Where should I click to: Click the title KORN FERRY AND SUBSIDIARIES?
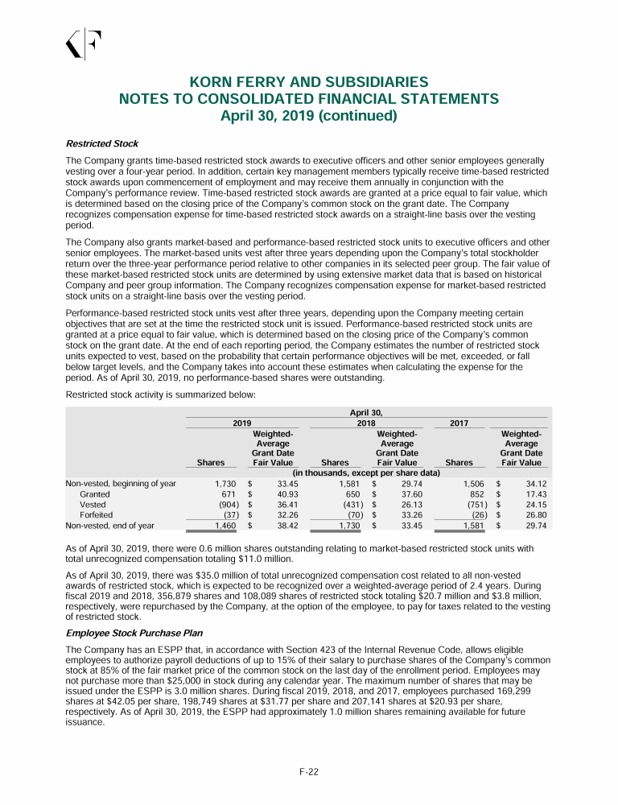[x=308, y=82]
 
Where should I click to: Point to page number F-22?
[x=309, y=772]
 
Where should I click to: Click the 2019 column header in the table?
[x=241, y=422]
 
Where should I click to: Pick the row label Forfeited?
[x=96, y=514]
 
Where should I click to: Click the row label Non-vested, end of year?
[x=120, y=525]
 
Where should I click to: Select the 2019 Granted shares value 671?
[x=228, y=493]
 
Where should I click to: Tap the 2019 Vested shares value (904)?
[x=225, y=504]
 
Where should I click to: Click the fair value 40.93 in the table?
[x=287, y=493]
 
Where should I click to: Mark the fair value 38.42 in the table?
[x=287, y=525]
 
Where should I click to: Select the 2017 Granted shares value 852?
[x=472, y=493]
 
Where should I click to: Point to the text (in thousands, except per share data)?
[x=365, y=473]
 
